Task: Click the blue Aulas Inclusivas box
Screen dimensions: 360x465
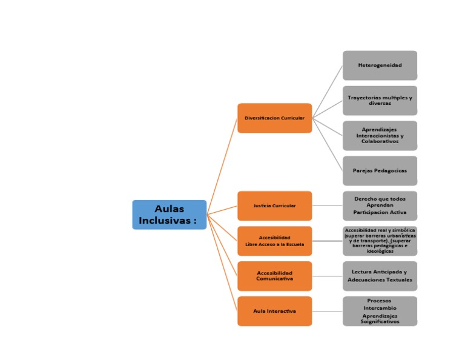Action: click(169, 215)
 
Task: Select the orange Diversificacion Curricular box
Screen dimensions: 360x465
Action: click(274, 118)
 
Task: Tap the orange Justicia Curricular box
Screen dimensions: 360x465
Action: click(274, 206)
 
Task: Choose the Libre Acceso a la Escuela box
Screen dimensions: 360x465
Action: click(274, 241)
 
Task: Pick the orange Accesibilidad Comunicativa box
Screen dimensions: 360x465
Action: click(274, 276)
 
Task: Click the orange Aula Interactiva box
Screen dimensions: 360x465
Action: click(274, 312)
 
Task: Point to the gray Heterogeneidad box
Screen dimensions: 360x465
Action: click(380, 65)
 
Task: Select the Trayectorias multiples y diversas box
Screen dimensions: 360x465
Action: click(380, 101)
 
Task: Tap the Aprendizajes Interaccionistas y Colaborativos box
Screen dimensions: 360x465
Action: click(380, 136)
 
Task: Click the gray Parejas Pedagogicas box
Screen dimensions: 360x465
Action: click(380, 171)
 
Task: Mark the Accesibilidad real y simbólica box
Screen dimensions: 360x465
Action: click(380, 241)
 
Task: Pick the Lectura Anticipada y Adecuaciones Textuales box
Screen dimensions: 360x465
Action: click(380, 276)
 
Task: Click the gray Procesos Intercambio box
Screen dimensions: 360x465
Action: click(380, 312)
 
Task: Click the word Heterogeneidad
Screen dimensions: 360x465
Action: click(380, 65)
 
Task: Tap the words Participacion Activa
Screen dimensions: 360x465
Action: click(380, 213)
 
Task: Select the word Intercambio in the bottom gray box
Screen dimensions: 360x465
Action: click(380, 308)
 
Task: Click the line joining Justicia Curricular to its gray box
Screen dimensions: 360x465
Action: click(327, 206)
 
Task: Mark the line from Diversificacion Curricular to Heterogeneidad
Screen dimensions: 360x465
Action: click(328, 92)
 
